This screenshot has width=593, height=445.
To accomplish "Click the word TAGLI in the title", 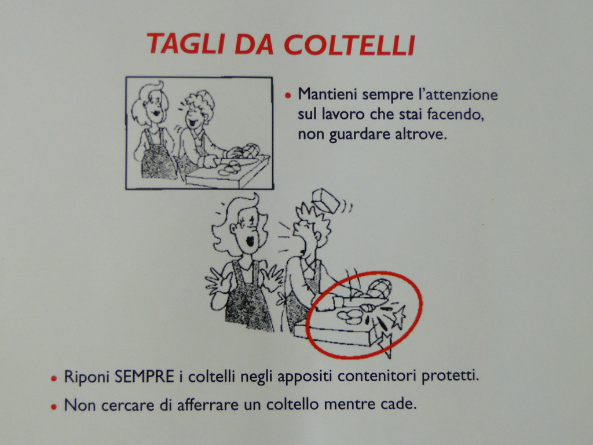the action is coord(186,44).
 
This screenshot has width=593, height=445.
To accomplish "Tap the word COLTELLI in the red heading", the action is coord(350,45).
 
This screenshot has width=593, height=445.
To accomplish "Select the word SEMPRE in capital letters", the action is coord(144,377).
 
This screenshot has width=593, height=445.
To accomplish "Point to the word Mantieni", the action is coord(328,94).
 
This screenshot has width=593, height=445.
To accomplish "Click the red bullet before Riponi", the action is coord(54,378).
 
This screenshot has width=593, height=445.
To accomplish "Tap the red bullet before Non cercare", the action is coord(54,407).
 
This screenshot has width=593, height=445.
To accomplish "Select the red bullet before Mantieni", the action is coord(288,96).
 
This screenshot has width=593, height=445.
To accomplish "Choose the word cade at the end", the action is coord(400,404).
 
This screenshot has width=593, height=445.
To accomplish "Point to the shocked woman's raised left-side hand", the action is coord(215,282).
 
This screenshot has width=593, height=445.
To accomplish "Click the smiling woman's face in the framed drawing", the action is coord(155,104).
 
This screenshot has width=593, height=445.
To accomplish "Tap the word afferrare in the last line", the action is coord(208,405).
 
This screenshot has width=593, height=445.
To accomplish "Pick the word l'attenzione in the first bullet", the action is coord(457,94).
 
